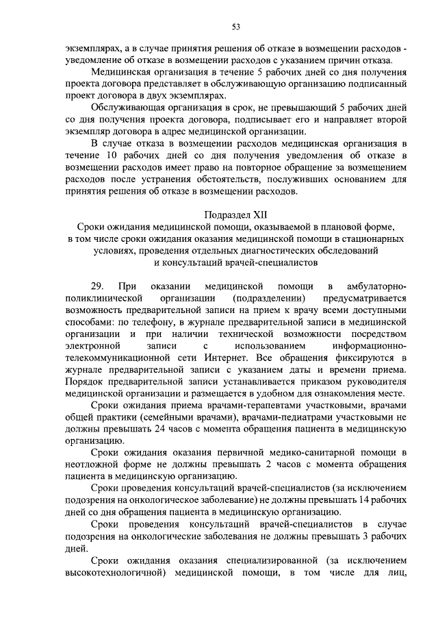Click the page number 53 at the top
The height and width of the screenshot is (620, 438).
point(235,27)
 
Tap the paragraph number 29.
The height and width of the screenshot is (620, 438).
point(97,286)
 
